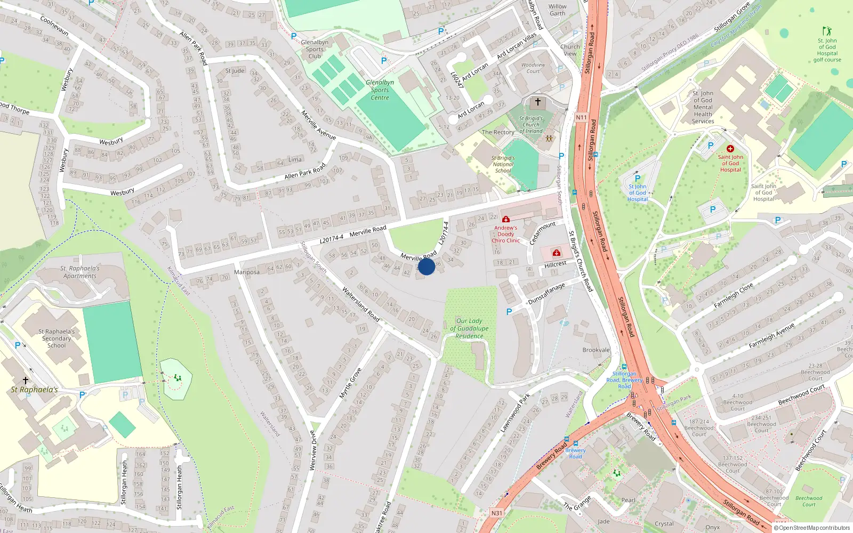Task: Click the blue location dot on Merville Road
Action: (x=426, y=266)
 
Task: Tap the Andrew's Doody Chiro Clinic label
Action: (x=505, y=234)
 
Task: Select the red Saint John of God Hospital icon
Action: (x=730, y=149)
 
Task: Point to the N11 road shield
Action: (x=581, y=117)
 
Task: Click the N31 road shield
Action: (x=496, y=513)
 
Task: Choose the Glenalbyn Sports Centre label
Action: (x=380, y=90)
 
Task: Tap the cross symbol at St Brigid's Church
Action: (x=538, y=102)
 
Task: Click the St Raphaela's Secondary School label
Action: (x=57, y=338)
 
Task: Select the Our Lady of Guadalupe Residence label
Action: (x=469, y=328)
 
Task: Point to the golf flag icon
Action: (x=827, y=31)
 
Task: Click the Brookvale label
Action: (x=596, y=350)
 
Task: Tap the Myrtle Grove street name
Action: (x=350, y=383)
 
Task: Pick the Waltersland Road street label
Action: (x=361, y=304)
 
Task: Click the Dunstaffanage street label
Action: (x=546, y=294)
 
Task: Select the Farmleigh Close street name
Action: (x=734, y=295)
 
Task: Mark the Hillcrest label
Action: (x=556, y=264)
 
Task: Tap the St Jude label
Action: (x=235, y=71)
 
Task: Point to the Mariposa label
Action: (x=247, y=272)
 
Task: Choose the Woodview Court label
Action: (x=533, y=68)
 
